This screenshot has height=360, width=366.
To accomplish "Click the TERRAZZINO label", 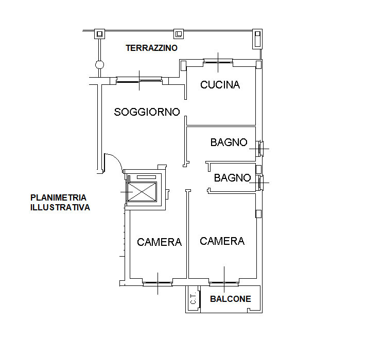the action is point(152,48).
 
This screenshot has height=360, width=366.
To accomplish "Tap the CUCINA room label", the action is point(220,85).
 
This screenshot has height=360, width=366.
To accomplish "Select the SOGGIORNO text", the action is point(147,112).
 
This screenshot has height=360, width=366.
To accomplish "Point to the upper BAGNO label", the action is point(229,142).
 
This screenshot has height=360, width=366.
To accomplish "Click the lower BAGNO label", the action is point(232,178).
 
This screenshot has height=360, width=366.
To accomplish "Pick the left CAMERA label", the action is point(159,242).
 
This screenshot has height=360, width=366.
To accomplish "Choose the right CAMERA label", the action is point(222,241).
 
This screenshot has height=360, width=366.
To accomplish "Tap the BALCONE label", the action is point(231,299).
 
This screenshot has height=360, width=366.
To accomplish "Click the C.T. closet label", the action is point(193,298).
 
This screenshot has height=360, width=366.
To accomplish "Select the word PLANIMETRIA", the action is point(58,197).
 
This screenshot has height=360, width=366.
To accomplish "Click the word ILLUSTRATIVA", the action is point(60,207).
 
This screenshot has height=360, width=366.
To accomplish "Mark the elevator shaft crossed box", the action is point(142,192).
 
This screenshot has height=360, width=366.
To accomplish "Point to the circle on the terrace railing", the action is point(99,65).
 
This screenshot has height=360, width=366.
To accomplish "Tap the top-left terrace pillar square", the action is point(100,34).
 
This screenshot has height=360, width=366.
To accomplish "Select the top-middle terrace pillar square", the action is point(179,34).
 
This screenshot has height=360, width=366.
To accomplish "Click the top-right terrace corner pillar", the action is point(257,39).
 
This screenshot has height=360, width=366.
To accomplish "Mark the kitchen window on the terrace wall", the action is point(218,62).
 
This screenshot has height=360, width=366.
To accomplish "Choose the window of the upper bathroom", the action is point(260,149).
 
